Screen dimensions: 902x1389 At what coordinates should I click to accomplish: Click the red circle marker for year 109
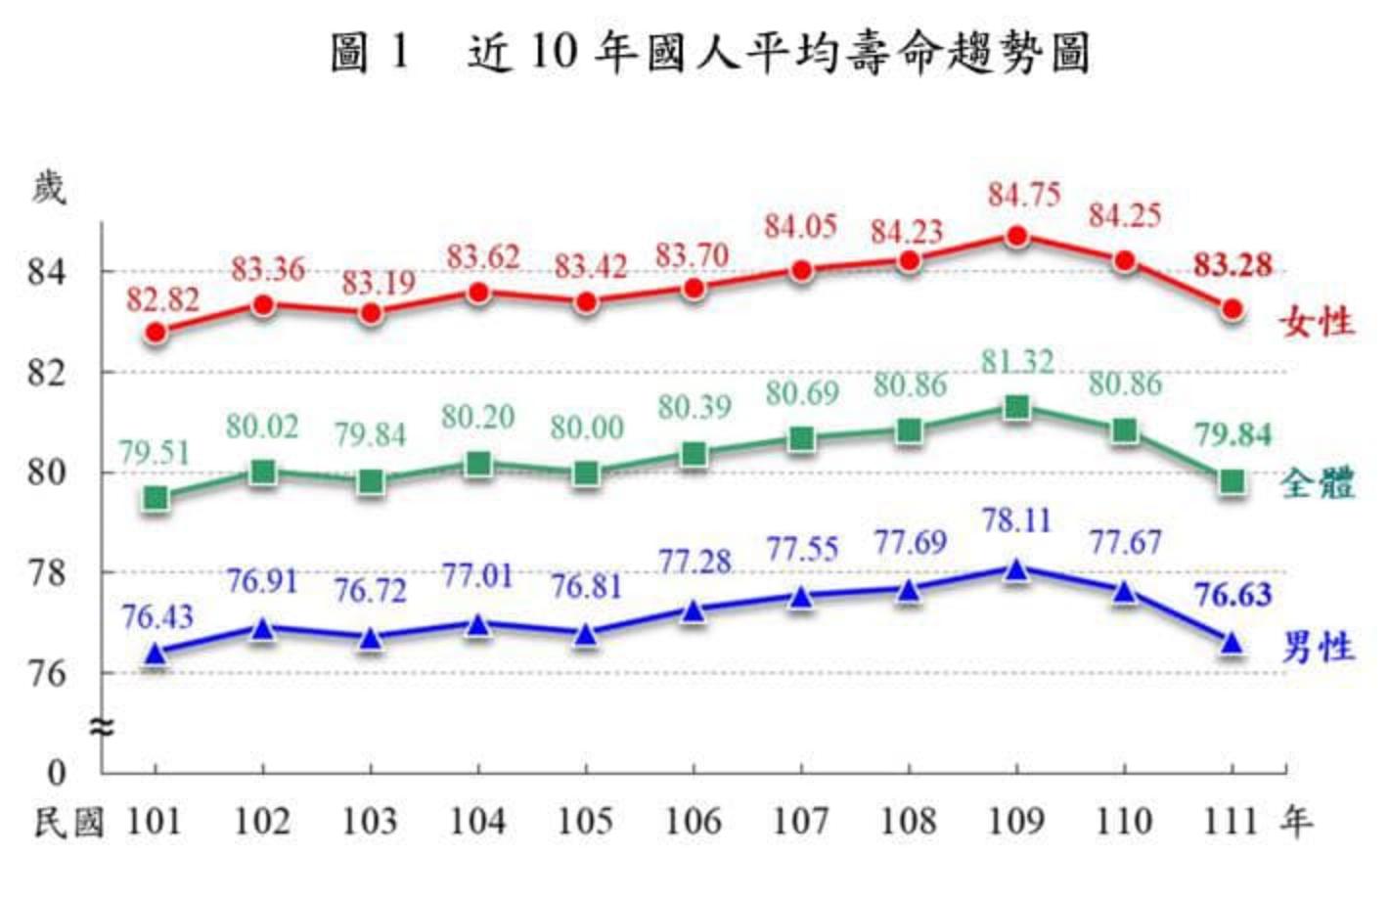click(x=1017, y=237)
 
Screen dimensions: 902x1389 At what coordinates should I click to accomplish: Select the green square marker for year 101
click(x=157, y=499)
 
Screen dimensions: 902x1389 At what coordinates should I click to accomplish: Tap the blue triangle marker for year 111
click(x=1232, y=644)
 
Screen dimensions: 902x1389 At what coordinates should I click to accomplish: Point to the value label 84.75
click(x=1023, y=195)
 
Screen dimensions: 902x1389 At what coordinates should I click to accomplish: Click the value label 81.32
click(x=1017, y=362)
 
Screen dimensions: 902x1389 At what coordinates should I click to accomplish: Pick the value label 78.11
click(x=1017, y=520)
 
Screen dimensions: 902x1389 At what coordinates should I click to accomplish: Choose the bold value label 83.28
click(x=1232, y=265)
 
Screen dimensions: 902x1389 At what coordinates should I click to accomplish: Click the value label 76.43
click(x=157, y=617)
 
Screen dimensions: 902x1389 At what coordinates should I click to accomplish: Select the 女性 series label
click(x=1318, y=322)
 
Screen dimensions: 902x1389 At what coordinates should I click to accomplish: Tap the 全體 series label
click(x=1318, y=482)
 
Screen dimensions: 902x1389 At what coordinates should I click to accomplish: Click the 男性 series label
click(x=1318, y=647)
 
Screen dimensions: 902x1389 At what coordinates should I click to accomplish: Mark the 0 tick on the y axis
click(x=57, y=773)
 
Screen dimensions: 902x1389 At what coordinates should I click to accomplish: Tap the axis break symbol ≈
click(x=102, y=727)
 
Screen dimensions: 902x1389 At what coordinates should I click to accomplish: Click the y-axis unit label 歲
click(x=48, y=187)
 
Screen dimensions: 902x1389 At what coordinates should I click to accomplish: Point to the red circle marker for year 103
click(x=371, y=314)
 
